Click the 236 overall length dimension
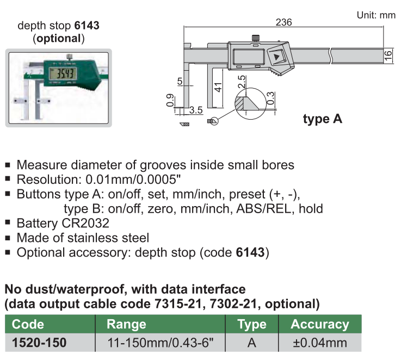[x=284, y=22]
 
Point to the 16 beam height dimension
[x=388, y=55]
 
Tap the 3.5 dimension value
[x=196, y=110]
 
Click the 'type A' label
[x=323, y=119]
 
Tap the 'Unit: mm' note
[x=376, y=15]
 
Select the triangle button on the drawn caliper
[x=277, y=57]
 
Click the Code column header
[x=28, y=325]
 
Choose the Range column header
[x=127, y=325]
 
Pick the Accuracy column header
[x=320, y=325]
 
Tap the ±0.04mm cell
[x=320, y=343]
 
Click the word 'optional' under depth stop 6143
[x=58, y=38]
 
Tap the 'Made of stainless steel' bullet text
[x=83, y=238]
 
